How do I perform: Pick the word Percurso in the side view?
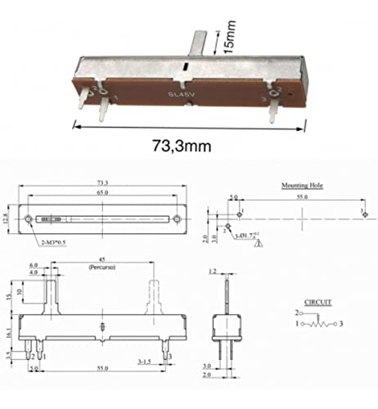(x=102, y=267)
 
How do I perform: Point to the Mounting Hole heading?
(x=302, y=187)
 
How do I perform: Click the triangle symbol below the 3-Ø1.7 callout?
(x=259, y=242)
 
